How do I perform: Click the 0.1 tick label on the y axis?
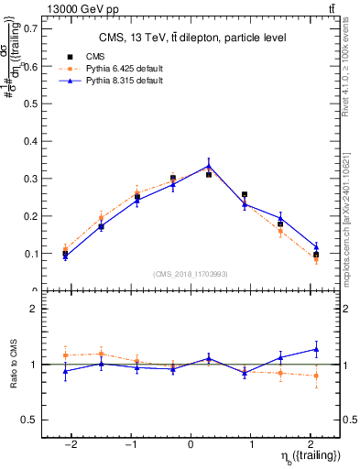tap(31, 253)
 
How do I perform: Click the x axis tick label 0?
tap(191, 444)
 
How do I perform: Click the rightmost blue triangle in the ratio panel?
tap(316, 349)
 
